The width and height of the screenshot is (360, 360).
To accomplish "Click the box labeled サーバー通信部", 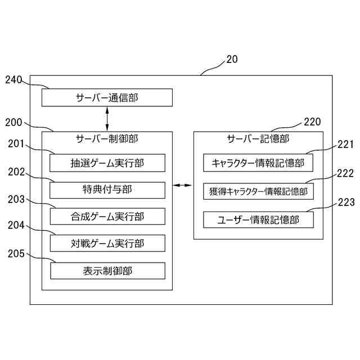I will click(x=107, y=98).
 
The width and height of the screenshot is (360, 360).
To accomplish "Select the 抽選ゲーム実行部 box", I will click(x=107, y=163).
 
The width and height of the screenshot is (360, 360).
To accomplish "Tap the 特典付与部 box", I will click(x=107, y=190).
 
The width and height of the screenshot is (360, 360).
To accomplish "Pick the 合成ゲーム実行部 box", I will click(x=107, y=217).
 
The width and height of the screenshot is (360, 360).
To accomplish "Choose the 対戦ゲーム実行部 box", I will click(x=107, y=243).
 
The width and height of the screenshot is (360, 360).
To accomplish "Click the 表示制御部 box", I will click(x=107, y=271).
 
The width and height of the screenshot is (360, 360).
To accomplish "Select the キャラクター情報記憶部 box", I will click(x=258, y=163).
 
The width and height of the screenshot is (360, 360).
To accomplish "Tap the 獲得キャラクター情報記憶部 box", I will click(x=258, y=191).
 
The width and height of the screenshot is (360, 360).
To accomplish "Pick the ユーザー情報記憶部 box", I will click(x=258, y=219).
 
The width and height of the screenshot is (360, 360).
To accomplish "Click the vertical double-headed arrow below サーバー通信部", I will click(x=107, y=119).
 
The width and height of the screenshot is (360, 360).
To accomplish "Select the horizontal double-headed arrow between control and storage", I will click(x=183, y=185).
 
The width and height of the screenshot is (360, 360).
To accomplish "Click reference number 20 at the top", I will click(x=231, y=59).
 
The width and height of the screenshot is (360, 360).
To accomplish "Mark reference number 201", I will click(x=16, y=145).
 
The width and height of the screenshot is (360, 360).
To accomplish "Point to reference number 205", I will click(x=16, y=254).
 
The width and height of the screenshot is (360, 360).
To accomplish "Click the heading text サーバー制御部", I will click(x=107, y=138).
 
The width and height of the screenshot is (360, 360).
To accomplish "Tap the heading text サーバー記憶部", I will click(x=258, y=138).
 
